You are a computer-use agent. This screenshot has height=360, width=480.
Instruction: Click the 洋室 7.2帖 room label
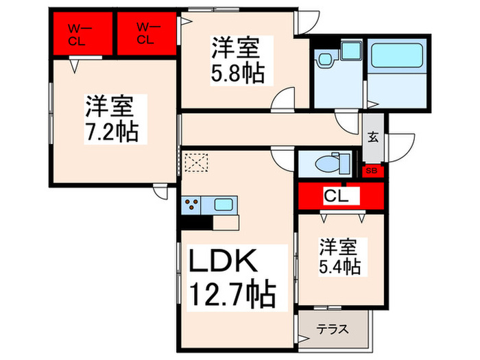(112, 119)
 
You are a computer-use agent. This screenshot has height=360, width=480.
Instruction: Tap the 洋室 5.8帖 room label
(237, 60)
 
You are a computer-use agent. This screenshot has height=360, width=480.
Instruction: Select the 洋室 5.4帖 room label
(339, 257)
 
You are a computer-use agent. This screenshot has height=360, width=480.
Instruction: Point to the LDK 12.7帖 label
(232, 278)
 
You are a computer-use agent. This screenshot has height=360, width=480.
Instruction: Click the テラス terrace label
(333, 329)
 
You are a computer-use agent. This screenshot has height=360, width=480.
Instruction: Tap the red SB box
(373, 171)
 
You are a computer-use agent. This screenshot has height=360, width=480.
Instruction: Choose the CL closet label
(336, 196)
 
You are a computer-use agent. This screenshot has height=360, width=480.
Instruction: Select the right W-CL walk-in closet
(147, 34)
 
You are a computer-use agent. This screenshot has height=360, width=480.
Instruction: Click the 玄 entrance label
(373, 137)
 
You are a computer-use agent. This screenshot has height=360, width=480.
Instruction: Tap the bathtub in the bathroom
(397, 56)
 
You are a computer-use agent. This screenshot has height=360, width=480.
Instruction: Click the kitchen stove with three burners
(191, 205)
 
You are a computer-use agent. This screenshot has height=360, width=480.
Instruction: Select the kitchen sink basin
(224, 204)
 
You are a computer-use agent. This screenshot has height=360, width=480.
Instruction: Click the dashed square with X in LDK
(197, 163)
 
